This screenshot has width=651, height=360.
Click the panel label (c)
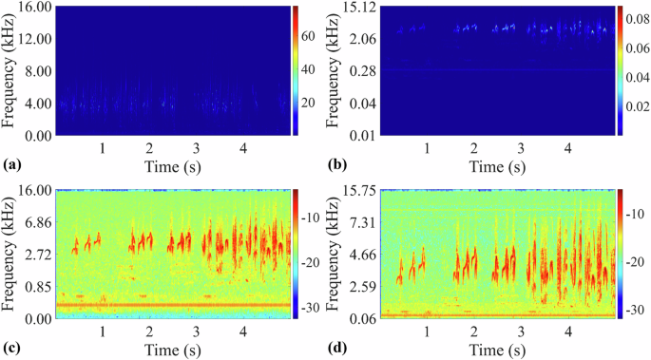[x=12, y=348]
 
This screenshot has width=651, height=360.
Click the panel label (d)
[x=337, y=348]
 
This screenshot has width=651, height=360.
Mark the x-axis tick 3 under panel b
[x=521, y=149]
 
